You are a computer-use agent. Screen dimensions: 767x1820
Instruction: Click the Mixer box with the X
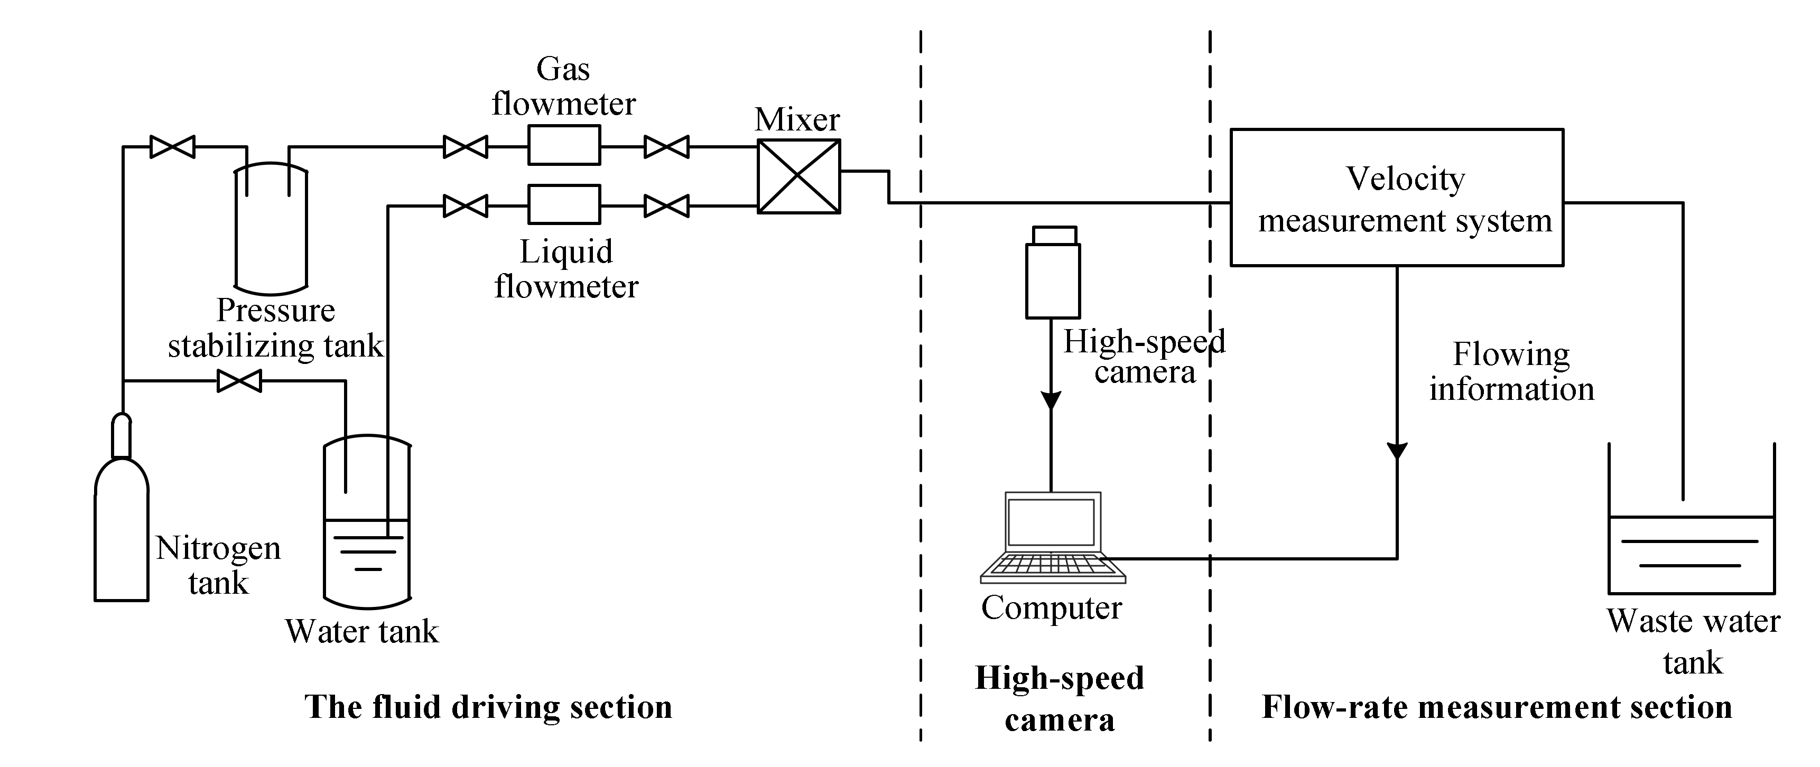coord(798,176)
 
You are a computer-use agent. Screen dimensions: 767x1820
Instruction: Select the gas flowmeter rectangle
coord(564,145)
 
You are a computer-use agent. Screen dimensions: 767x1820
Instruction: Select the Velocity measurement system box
coord(1396,198)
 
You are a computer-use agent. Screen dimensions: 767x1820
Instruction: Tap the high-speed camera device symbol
coord(1052,275)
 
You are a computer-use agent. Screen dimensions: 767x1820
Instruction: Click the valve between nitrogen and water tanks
coord(239,381)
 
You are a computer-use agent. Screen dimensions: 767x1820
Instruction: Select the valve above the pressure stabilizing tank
coord(172,147)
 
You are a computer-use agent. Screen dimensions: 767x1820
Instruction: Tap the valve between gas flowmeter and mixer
coord(666,147)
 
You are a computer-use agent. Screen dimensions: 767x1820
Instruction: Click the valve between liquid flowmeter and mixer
coord(666,206)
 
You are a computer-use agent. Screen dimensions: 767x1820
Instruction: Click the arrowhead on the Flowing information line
coord(1397,451)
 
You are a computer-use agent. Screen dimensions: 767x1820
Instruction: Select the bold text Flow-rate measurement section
coord(1497,707)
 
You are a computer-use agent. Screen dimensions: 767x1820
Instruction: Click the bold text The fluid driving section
coord(488,707)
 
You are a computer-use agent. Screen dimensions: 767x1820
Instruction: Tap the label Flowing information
coord(1511,371)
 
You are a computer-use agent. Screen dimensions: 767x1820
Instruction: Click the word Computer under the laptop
coord(1051,608)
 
